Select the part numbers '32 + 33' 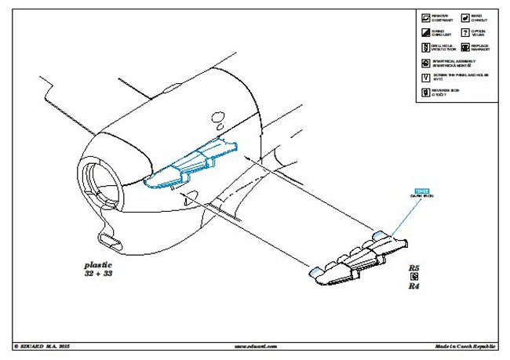coord(98,275)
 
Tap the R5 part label coord(413,268)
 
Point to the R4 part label coord(413,287)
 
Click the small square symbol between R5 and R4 coord(413,278)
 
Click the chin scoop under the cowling coord(107,236)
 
